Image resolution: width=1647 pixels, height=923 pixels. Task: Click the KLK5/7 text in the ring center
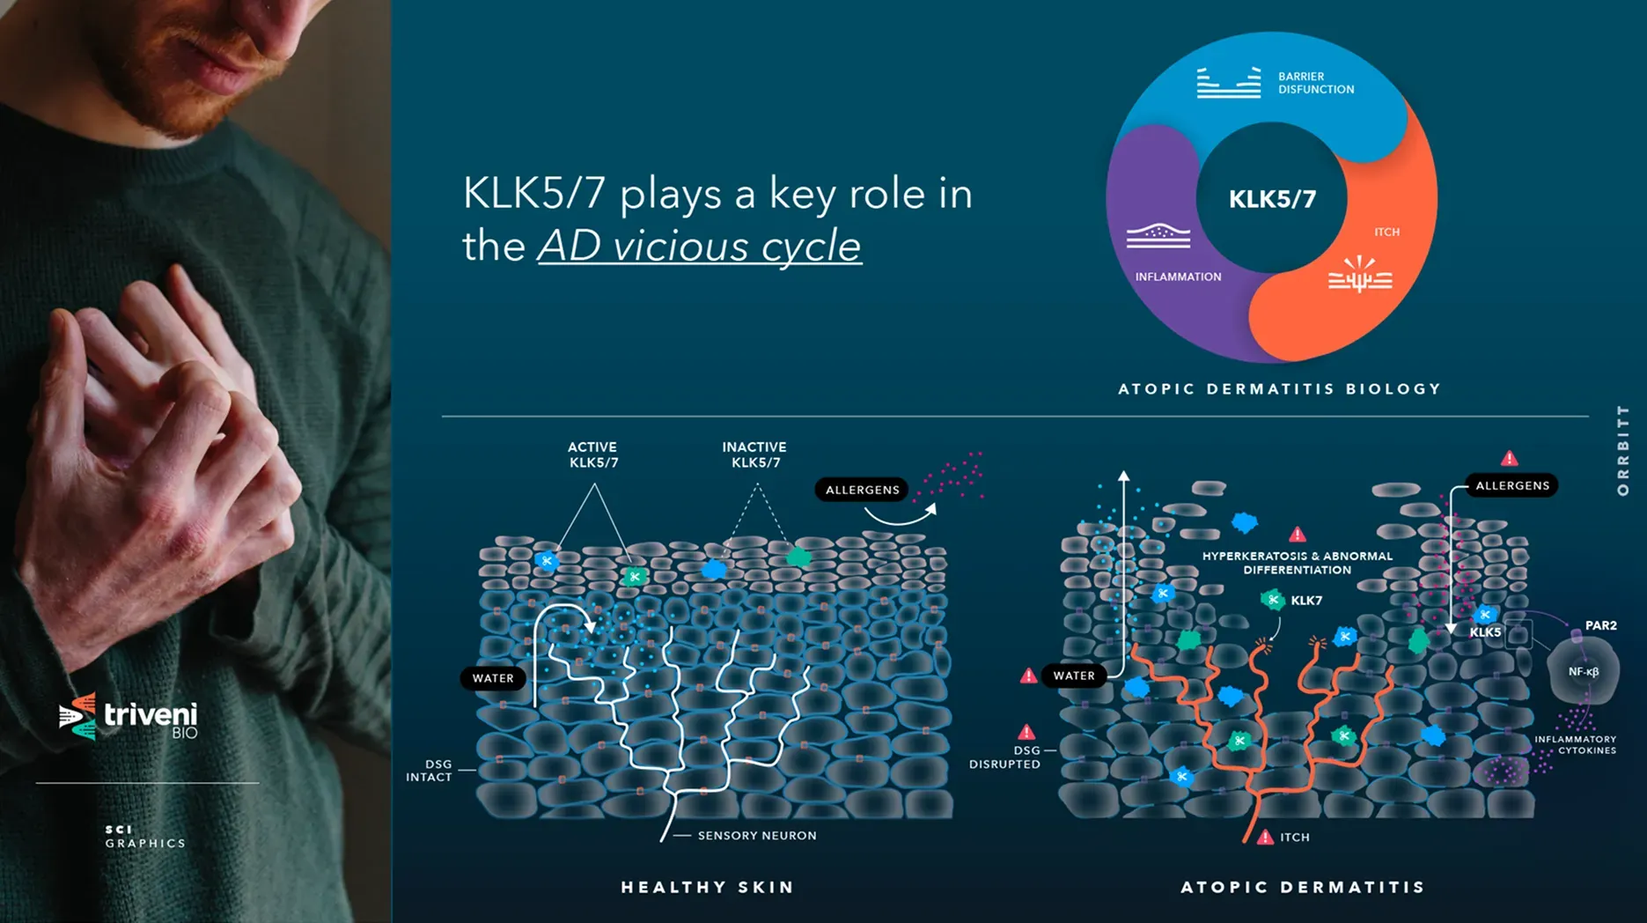(x=1272, y=199)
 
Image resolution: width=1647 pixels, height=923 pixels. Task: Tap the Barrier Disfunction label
(x=1316, y=83)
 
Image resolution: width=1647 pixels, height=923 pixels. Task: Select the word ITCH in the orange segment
(x=1386, y=233)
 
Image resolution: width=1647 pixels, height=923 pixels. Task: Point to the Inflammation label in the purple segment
(x=1178, y=277)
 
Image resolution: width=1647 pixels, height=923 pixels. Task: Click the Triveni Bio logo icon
(x=77, y=715)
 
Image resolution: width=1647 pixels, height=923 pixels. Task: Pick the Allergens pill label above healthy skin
(x=863, y=490)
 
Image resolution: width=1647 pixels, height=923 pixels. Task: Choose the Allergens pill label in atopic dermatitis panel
(x=1512, y=485)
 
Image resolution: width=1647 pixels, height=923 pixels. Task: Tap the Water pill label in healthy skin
(x=493, y=678)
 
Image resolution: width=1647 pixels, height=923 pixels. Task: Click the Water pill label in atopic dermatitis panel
(x=1074, y=676)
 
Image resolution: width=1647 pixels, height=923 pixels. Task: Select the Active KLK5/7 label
(x=592, y=454)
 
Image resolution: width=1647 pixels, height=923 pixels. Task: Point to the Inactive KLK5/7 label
(x=754, y=454)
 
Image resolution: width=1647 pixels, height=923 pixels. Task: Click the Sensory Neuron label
(x=757, y=836)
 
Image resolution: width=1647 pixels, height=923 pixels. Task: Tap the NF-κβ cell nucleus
(x=1584, y=671)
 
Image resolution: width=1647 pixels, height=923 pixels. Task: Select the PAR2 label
(x=1601, y=625)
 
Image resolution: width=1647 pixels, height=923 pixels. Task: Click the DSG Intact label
(x=429, y=771)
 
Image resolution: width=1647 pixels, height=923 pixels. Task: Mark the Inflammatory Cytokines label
(x=1576, y=745)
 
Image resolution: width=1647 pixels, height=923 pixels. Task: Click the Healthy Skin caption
(x=708, y=887)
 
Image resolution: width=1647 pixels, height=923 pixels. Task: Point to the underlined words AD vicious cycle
(x=700, y=246)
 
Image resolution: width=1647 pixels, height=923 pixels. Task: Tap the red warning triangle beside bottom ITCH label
(x=1265, y=837)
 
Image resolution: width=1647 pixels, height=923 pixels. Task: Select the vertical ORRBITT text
(x=1623, y=450)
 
